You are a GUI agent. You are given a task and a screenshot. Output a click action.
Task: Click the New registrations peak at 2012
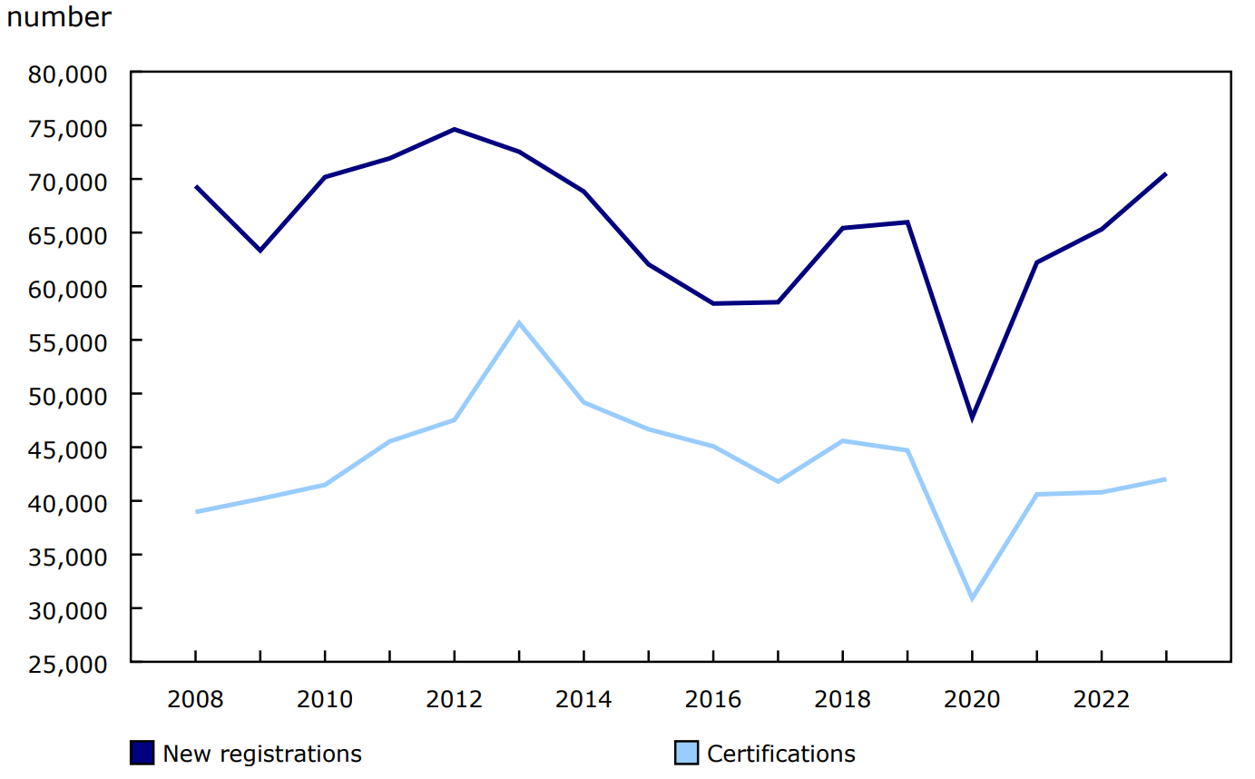pos(454,129)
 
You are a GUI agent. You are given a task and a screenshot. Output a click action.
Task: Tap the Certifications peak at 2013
pos(519,322)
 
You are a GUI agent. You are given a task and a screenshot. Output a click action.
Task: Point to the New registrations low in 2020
pos(972,419)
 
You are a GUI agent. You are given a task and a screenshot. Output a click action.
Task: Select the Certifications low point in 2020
pos(972,598)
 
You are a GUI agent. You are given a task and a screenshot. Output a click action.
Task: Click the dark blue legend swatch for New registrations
pos(142,754)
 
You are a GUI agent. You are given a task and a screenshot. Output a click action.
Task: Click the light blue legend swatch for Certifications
pos(687,754)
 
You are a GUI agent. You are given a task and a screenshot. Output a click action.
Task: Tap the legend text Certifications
pos(780,754)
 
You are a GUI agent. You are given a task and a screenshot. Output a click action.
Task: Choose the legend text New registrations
pos(261,754)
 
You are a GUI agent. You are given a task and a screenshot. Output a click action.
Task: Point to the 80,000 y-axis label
pos(69,73)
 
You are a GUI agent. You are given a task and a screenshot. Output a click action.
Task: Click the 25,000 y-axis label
pos(69,663)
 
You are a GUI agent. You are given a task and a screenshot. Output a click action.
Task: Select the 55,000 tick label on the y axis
pos(69,341)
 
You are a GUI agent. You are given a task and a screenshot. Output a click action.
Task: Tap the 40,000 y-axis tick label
pos(69,502)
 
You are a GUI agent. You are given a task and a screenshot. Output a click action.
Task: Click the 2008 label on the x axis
pos(195,700)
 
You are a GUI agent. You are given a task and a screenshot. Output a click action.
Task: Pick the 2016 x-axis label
pos(713,700)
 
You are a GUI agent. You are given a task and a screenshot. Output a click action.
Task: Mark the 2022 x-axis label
pos(1101,700)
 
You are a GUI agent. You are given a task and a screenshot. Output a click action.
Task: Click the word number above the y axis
pos(59,17)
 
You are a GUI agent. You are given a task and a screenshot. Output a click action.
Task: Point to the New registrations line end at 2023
pos(1165,173)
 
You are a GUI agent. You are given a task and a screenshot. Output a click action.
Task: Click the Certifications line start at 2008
pos(196,512)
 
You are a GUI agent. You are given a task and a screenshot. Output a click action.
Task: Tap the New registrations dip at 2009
pos(260,250)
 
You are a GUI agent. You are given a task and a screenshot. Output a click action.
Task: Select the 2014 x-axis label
pos(583,700)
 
